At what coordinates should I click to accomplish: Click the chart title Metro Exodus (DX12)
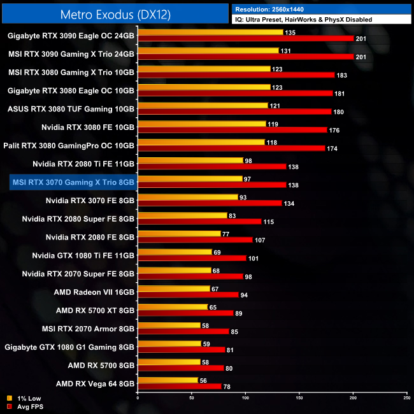click(x=115, y=13)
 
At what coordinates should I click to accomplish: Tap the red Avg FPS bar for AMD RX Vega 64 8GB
click(x=179, y=386)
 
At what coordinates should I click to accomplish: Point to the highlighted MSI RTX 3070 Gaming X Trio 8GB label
click(x=73, y=182)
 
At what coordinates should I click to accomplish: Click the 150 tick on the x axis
click(x=299, y=397)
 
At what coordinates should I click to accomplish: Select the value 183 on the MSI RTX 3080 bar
click(x=343, y=75)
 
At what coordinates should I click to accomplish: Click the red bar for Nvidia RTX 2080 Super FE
click(x=199, y=222)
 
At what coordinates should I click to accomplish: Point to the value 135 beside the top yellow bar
click(x=290, y=32)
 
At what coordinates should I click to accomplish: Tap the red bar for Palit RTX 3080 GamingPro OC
click(x=231, y=148)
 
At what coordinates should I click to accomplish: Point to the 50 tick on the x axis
click(x=192, y=397)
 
